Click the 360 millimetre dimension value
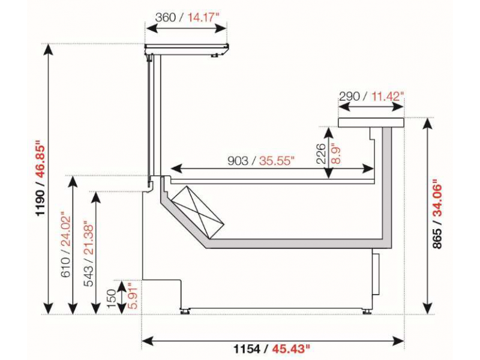(166, 17)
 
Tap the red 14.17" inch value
(203, 17)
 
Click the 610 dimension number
(65, 267)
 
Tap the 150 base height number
(112, 298)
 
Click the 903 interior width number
(238, 160)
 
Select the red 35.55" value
(277, 160)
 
